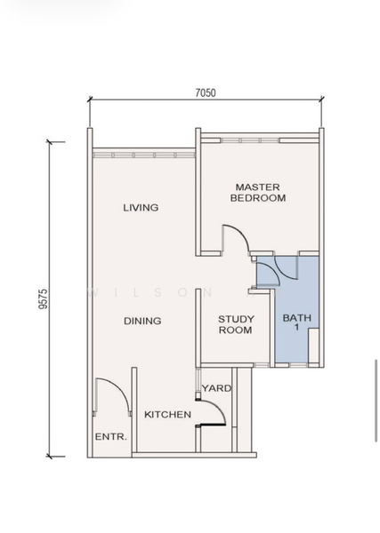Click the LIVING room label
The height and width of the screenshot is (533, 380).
[x=141, y=208]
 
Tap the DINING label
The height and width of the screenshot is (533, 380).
[x=141, y=321]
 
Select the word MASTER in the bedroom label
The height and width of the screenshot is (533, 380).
[x=258, y=187]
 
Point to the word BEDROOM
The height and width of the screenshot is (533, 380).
[x=258, y=199]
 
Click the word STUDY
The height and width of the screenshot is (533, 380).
[x=236, y=319]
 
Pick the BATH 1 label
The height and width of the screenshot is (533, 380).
[x=297, y=323]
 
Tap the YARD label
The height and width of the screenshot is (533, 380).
[x=216, y=388]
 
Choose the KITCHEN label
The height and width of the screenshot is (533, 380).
[x=167, y=415]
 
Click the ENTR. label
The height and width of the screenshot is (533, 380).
[x=111, y=437]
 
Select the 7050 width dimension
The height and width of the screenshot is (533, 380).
[x=206, y=91]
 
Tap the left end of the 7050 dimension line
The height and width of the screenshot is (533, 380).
[x=89, y=102]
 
